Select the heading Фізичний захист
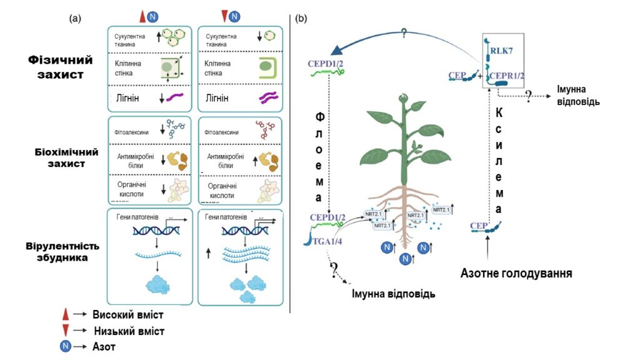(x=61, y=67)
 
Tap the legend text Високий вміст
(x=128, y=315)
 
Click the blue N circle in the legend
(x=64, y=346)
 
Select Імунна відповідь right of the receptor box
(x=579, y=94)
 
